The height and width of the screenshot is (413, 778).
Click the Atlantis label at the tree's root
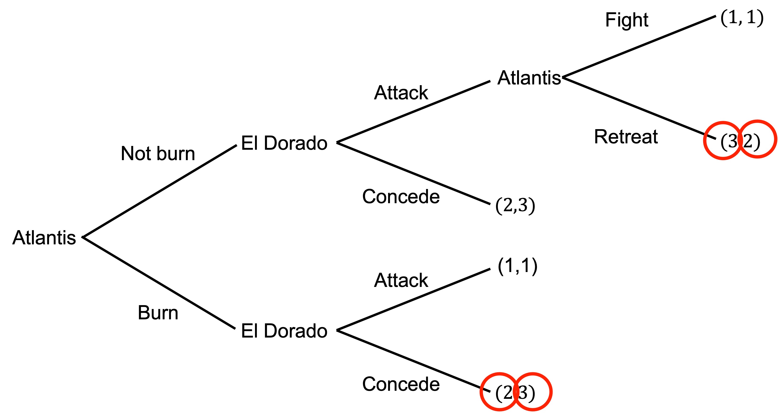[44, 238]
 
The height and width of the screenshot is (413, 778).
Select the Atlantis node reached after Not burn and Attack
[529, 78]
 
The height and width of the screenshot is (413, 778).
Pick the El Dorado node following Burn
[284, 331]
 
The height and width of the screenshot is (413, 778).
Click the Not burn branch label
[158, 154]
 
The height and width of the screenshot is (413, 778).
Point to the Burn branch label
[158, 313]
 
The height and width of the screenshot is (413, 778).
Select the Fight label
[627, 20]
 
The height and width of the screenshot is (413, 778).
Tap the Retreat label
[626, 137]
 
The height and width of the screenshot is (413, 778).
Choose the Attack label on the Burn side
[401, 280]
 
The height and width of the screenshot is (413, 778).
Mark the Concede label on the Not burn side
[401, 197]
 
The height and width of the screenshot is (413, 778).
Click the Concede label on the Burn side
[401, 384]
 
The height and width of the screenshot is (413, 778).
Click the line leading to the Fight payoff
[639, 47]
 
